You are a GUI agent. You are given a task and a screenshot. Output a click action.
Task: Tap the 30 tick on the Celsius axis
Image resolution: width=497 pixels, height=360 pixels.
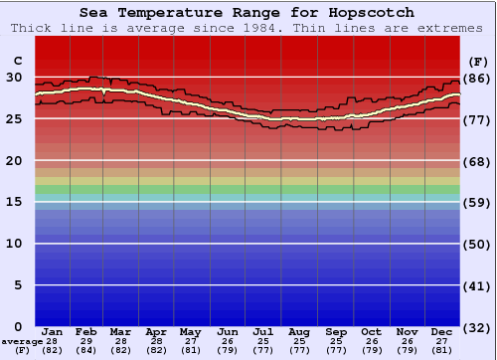(x=14, y=77)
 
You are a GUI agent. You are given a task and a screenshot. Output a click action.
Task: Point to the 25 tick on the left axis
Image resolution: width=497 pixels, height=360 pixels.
(x=14, y=118)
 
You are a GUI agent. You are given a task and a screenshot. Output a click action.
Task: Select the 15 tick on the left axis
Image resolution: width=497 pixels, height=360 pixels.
(x=14, y=202)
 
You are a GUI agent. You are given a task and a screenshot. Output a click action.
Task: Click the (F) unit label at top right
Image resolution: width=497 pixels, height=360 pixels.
(x=478, y=60)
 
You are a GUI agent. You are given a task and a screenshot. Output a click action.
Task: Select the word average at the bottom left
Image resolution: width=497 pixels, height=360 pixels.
(x=22, y=341)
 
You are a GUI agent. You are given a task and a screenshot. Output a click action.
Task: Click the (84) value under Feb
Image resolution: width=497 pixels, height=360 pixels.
(x=87, y=351)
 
